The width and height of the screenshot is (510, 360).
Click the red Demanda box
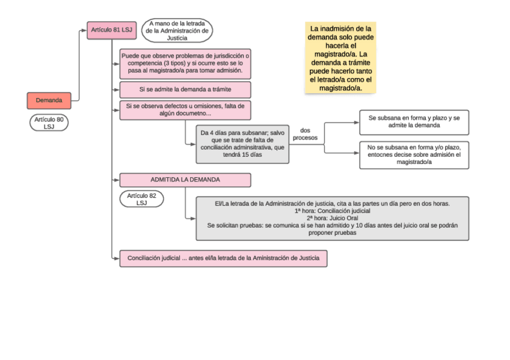click(x=49, y=100)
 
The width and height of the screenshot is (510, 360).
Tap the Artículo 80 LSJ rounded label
click(x=49, y=123)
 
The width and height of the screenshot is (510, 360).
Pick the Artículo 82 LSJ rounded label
click(x=141, y=199)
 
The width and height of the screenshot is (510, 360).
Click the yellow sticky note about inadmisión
click(x=340, y=58)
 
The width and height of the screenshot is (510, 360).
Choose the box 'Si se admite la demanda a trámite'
click(x=185, y=90)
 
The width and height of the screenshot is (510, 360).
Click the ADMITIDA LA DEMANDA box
click(x=185, y=180)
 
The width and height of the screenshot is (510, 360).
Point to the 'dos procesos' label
click(x=305, y=134)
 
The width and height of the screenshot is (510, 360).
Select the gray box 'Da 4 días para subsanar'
click(x=242, y=144)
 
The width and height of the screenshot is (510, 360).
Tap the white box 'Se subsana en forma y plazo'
click(x=414, y=122)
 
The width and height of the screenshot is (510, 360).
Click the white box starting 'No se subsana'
click(x=414, y=155)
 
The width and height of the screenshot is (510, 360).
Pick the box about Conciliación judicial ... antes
click(x=223, y=258)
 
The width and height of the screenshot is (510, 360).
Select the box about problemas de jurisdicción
click(x=185, y=63)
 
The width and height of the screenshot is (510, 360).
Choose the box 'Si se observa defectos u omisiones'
click(x=185, y=110)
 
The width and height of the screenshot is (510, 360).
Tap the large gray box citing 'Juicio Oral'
click(x=333, y=218)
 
